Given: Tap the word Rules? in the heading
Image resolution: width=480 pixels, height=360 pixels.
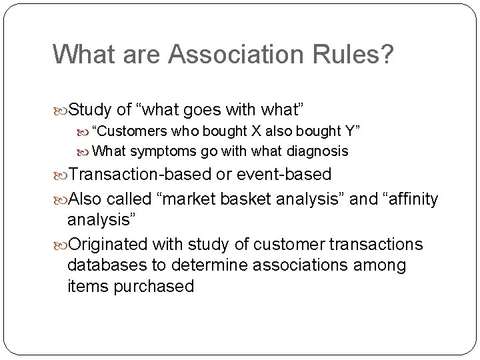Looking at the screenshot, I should (x=361, y=55).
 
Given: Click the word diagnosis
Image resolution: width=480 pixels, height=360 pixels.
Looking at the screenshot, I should (x=317, y=151).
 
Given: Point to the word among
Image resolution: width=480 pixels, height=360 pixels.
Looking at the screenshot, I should (x=377, y=265).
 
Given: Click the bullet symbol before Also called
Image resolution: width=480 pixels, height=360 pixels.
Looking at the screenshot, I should (x=60, y=199).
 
